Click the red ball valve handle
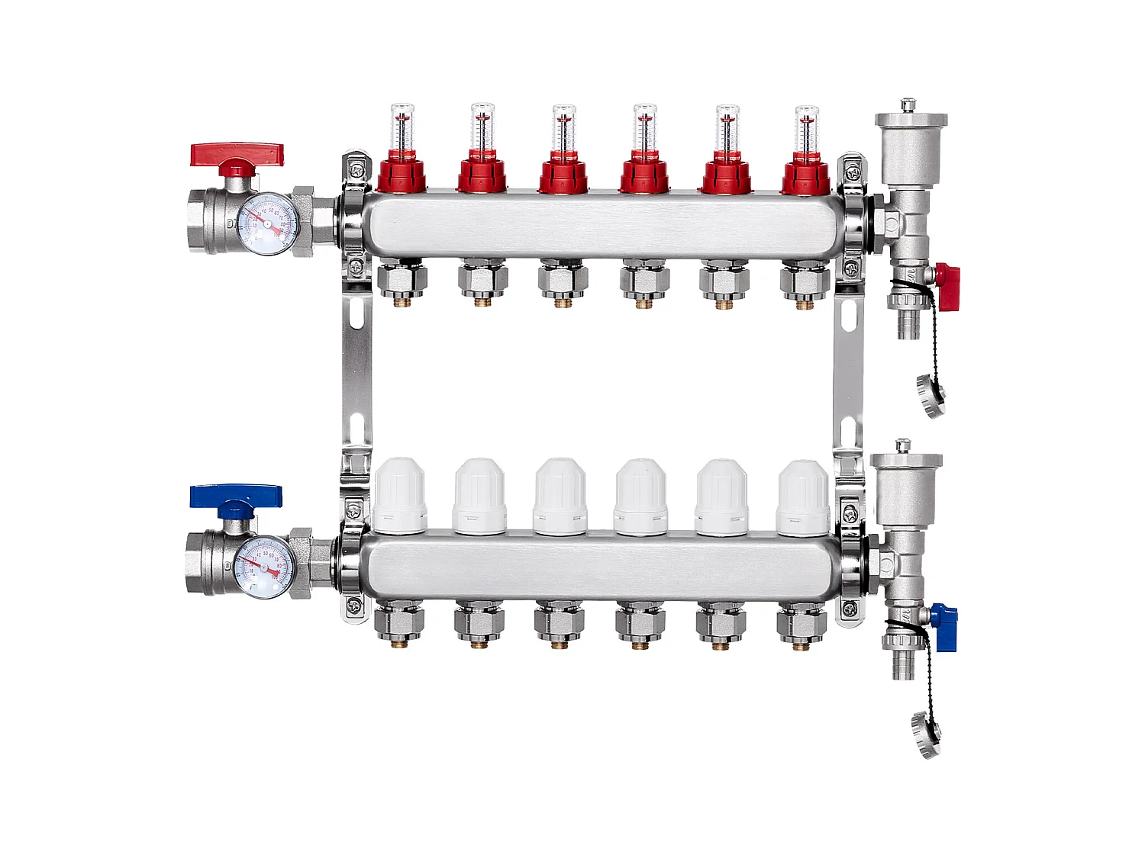pos(237,156)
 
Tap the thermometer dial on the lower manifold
pos(265,567)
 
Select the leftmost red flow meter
pos(402,153)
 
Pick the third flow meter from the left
pos(563,153)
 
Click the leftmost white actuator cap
pos(400,496)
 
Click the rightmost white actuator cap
pos(803,498)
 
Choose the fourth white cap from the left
pos(641,497)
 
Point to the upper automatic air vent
pos(911,149)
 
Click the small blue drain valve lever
pos(944,627)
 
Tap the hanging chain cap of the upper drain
pos(931,396)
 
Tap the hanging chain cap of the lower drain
pos(927,734)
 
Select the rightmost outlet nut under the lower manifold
pos(801,624)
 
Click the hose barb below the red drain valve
pos(909,323)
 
